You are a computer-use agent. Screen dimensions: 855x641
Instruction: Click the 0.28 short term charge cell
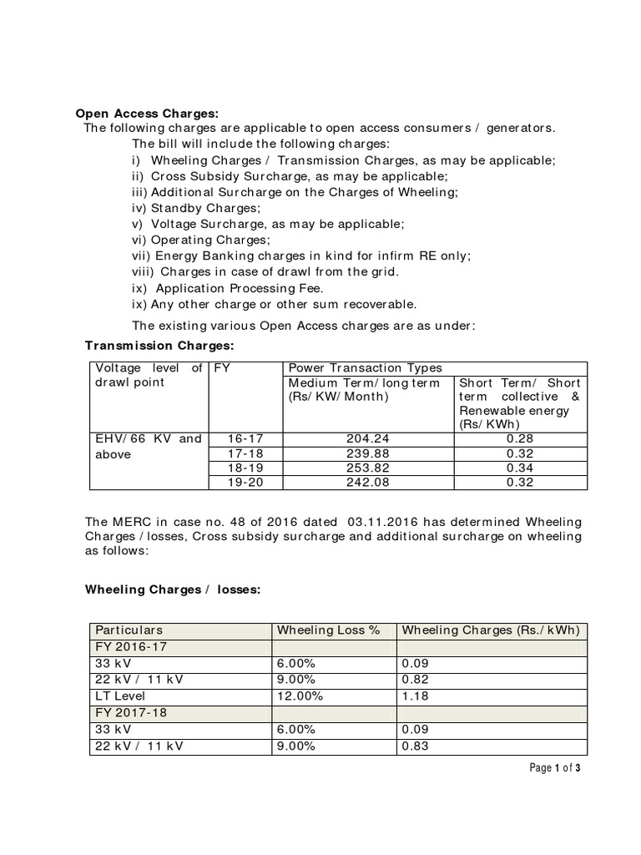pos(520,439)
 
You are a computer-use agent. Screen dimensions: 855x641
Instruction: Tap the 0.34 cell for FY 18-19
pos(520,468)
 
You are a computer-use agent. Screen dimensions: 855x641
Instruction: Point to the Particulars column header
pos(129,630)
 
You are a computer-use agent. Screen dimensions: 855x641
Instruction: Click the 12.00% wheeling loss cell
pos(299,695)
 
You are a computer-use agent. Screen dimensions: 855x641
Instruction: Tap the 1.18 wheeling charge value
pos(415,695)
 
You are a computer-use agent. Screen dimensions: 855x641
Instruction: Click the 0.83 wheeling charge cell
pos(415,746)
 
